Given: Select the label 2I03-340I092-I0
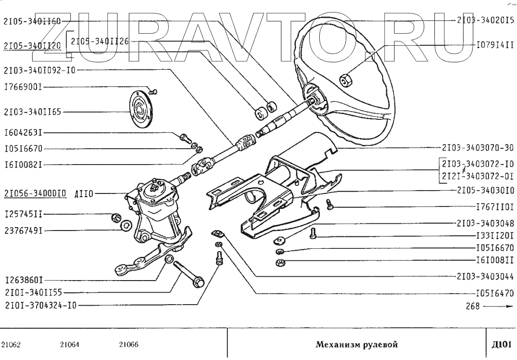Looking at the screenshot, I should pos(39,69).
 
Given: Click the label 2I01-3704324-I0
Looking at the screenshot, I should pos(39,305).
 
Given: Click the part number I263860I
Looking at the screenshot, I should pos(25,280).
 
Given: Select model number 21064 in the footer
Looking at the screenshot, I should pos(70,344).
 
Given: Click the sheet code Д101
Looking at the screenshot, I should pos(502,344).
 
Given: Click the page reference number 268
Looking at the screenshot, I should pos(473,305).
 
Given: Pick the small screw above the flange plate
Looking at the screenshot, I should pos(152,90).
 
